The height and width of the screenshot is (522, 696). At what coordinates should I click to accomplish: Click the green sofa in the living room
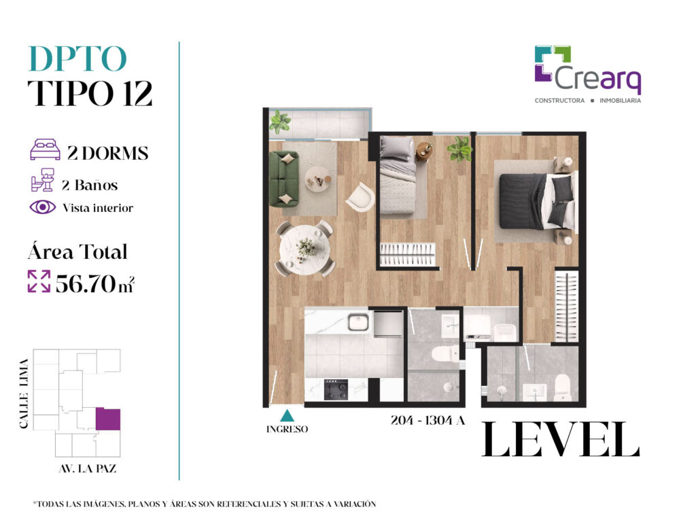(x=284, y=179)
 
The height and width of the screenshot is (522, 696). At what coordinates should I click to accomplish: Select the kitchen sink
(x=358, y=322)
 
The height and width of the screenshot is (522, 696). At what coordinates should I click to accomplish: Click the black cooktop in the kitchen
(x=336, y=389)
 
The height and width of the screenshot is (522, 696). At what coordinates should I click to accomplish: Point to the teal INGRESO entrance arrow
(x=288, y=415)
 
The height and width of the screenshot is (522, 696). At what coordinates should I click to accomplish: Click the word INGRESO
(x=287, y=430)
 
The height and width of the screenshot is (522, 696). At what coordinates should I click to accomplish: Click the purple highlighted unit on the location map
(x=108, y=419)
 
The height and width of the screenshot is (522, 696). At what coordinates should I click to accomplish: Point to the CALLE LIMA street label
(x=24, y=394)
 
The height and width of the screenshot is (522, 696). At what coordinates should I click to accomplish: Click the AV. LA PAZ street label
(x=88, y=469)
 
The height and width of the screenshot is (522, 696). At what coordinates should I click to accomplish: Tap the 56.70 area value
(x=85, y=283)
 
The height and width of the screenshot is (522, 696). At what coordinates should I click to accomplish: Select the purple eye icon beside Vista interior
(x=43, y=207)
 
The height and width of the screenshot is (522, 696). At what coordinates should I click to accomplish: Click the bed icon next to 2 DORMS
(x=45, y=150)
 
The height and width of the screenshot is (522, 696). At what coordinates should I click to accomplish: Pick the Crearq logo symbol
(x=553, y=64)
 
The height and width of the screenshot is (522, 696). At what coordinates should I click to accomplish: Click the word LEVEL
(x=561, y=439)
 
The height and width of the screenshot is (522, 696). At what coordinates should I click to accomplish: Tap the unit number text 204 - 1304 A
(x=428, y=420)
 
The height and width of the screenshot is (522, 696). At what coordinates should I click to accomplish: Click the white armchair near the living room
(x=360, y=196)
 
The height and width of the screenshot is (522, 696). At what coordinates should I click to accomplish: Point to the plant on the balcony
(x=279, y=122)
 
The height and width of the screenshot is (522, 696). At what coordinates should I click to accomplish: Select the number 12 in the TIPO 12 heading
(x=137, y=93)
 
